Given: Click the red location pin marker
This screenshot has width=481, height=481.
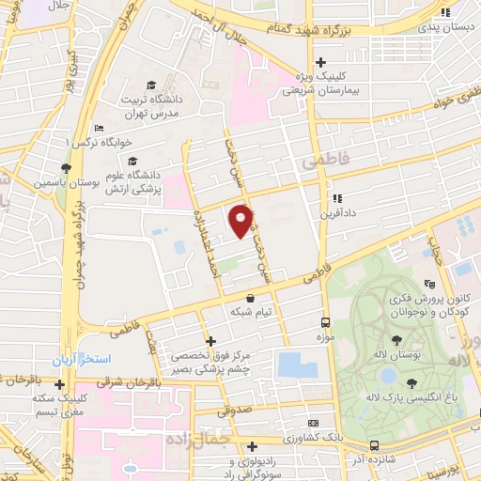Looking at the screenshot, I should [x=241, y=220].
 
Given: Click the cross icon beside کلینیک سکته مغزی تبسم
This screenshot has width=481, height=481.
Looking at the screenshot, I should [x=60, y=383].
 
